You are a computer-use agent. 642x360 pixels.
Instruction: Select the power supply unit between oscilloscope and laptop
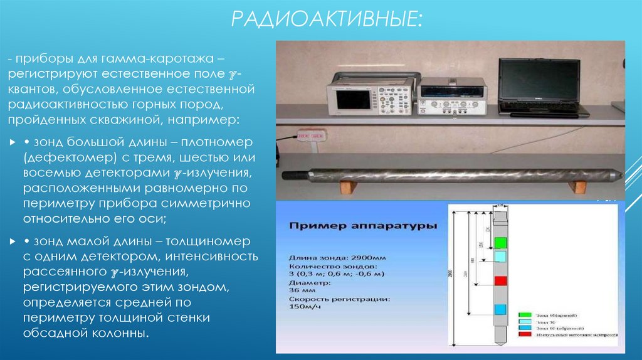[x=451, y=98]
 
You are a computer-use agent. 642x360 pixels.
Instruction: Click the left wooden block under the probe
[x=345, y=187]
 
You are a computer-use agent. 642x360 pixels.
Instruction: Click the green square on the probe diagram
[x=500, y=241]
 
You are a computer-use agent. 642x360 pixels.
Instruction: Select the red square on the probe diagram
[x=500, y=280]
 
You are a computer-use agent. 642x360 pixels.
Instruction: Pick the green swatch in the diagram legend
[x=525, y=315]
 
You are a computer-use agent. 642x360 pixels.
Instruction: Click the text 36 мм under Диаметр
[x=300, y=291]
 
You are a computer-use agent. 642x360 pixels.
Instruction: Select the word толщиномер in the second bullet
[x=207, y=241]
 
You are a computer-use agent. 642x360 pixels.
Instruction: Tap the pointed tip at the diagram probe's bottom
[x=500, y=344]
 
